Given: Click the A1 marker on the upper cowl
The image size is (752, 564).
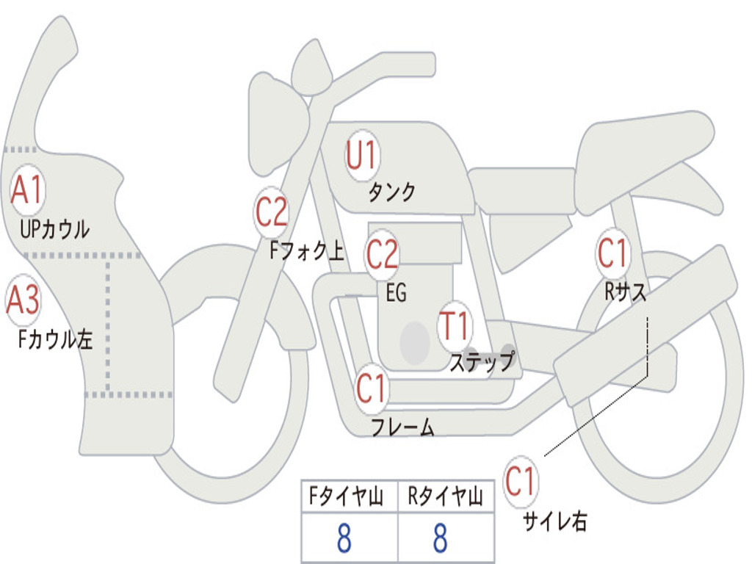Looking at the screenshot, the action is [27, 190].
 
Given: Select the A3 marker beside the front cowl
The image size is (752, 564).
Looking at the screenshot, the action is [23, 300].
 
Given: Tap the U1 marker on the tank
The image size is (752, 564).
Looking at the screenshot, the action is [363, 156].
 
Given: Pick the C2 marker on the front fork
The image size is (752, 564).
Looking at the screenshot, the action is [271, 212].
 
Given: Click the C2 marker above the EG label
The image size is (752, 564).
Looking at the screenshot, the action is [382, 254].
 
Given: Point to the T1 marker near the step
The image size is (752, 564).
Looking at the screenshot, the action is [454, 326].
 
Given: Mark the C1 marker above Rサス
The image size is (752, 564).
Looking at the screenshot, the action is [612, 253].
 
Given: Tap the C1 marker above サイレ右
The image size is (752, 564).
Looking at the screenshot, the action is [521, 481].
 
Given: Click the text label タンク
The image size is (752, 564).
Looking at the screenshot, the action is [391, 192].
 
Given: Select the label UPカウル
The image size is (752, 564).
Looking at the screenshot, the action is [54, 229].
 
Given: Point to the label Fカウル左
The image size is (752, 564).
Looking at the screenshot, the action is [55, 339].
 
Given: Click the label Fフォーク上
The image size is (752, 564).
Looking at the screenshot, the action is [307, 250].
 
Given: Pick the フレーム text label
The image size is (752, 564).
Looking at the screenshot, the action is [403, 427].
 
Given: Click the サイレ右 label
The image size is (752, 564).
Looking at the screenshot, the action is [555, 521].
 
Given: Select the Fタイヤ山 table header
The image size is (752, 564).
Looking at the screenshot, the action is [347, 496].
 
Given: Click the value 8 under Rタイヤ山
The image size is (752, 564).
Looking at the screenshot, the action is [441, 538].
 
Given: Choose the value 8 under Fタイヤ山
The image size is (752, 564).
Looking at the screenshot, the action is [344, 538].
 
